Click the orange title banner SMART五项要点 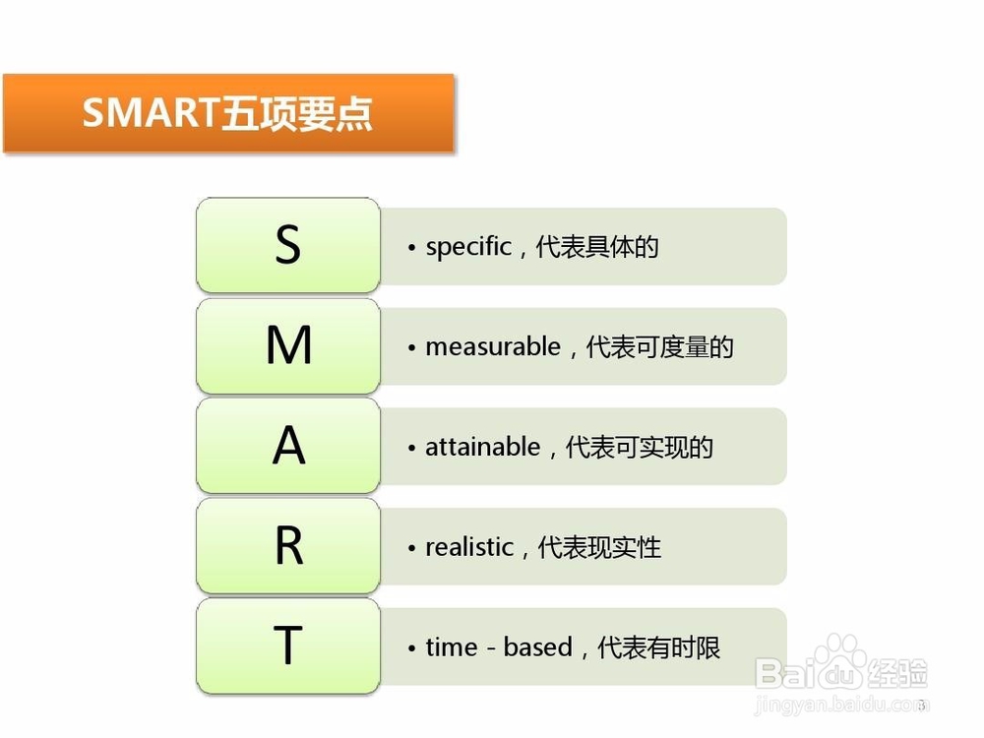tap(228, 113)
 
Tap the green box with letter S tap(288, 245)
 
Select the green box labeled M tap(288, 345)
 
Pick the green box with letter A tap(288, 446)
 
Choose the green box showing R tap(288, 545)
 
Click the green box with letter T tap(288, 646)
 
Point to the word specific tap(468, 247)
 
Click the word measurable tap(493, 346)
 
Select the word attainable tap(482, 447)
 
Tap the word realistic tap(469, 546)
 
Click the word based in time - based tap(538, 647)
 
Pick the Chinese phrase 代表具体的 tap(597, 247)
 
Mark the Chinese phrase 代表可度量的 tap(659, 346)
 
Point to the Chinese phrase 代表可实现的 tap(640, 447)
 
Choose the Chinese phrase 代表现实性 tap(599, 546)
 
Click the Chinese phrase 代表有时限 tap(659, 647)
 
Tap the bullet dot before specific tap(411, 248)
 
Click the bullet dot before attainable tap(411, 448)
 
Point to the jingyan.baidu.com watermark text tap(841, 705)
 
